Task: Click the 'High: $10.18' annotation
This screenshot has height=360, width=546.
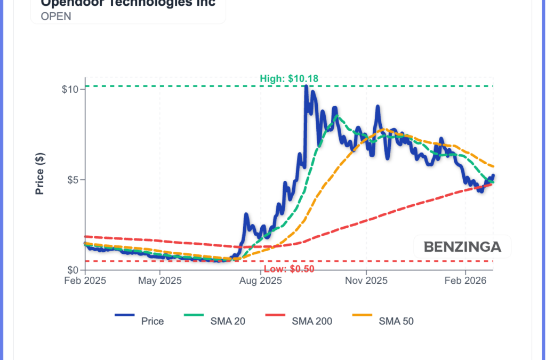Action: [x=289, y=79]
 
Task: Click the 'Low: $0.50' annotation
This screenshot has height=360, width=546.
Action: [x=290, y=268]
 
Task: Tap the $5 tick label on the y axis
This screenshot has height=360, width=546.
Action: [x=73, y=180]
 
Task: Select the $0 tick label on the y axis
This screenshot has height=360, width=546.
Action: [x=73, y=270]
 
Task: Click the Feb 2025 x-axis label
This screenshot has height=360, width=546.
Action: [x=85, y=281]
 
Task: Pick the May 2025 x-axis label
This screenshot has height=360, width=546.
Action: [x=160, y=281]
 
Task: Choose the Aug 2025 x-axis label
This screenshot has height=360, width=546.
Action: [x=260, y=281]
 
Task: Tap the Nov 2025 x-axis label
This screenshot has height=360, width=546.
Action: [x=366, y=281]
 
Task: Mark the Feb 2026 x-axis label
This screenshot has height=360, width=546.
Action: [x=465, y=281]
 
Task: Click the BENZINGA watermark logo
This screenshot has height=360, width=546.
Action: [x=462, y=247]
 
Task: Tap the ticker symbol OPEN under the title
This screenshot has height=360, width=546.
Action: [x=56, y=16]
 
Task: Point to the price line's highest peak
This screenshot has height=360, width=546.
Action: [x=306, y=86]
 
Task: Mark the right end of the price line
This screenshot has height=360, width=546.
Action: [x=493, y=175]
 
